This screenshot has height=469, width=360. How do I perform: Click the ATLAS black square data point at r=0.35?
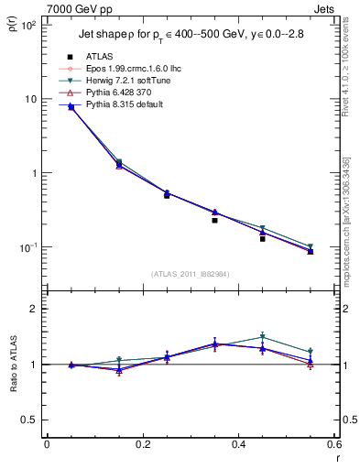click(x=214, y=220)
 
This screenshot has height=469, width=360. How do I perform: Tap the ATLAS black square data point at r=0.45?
click(x=262, y=238)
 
